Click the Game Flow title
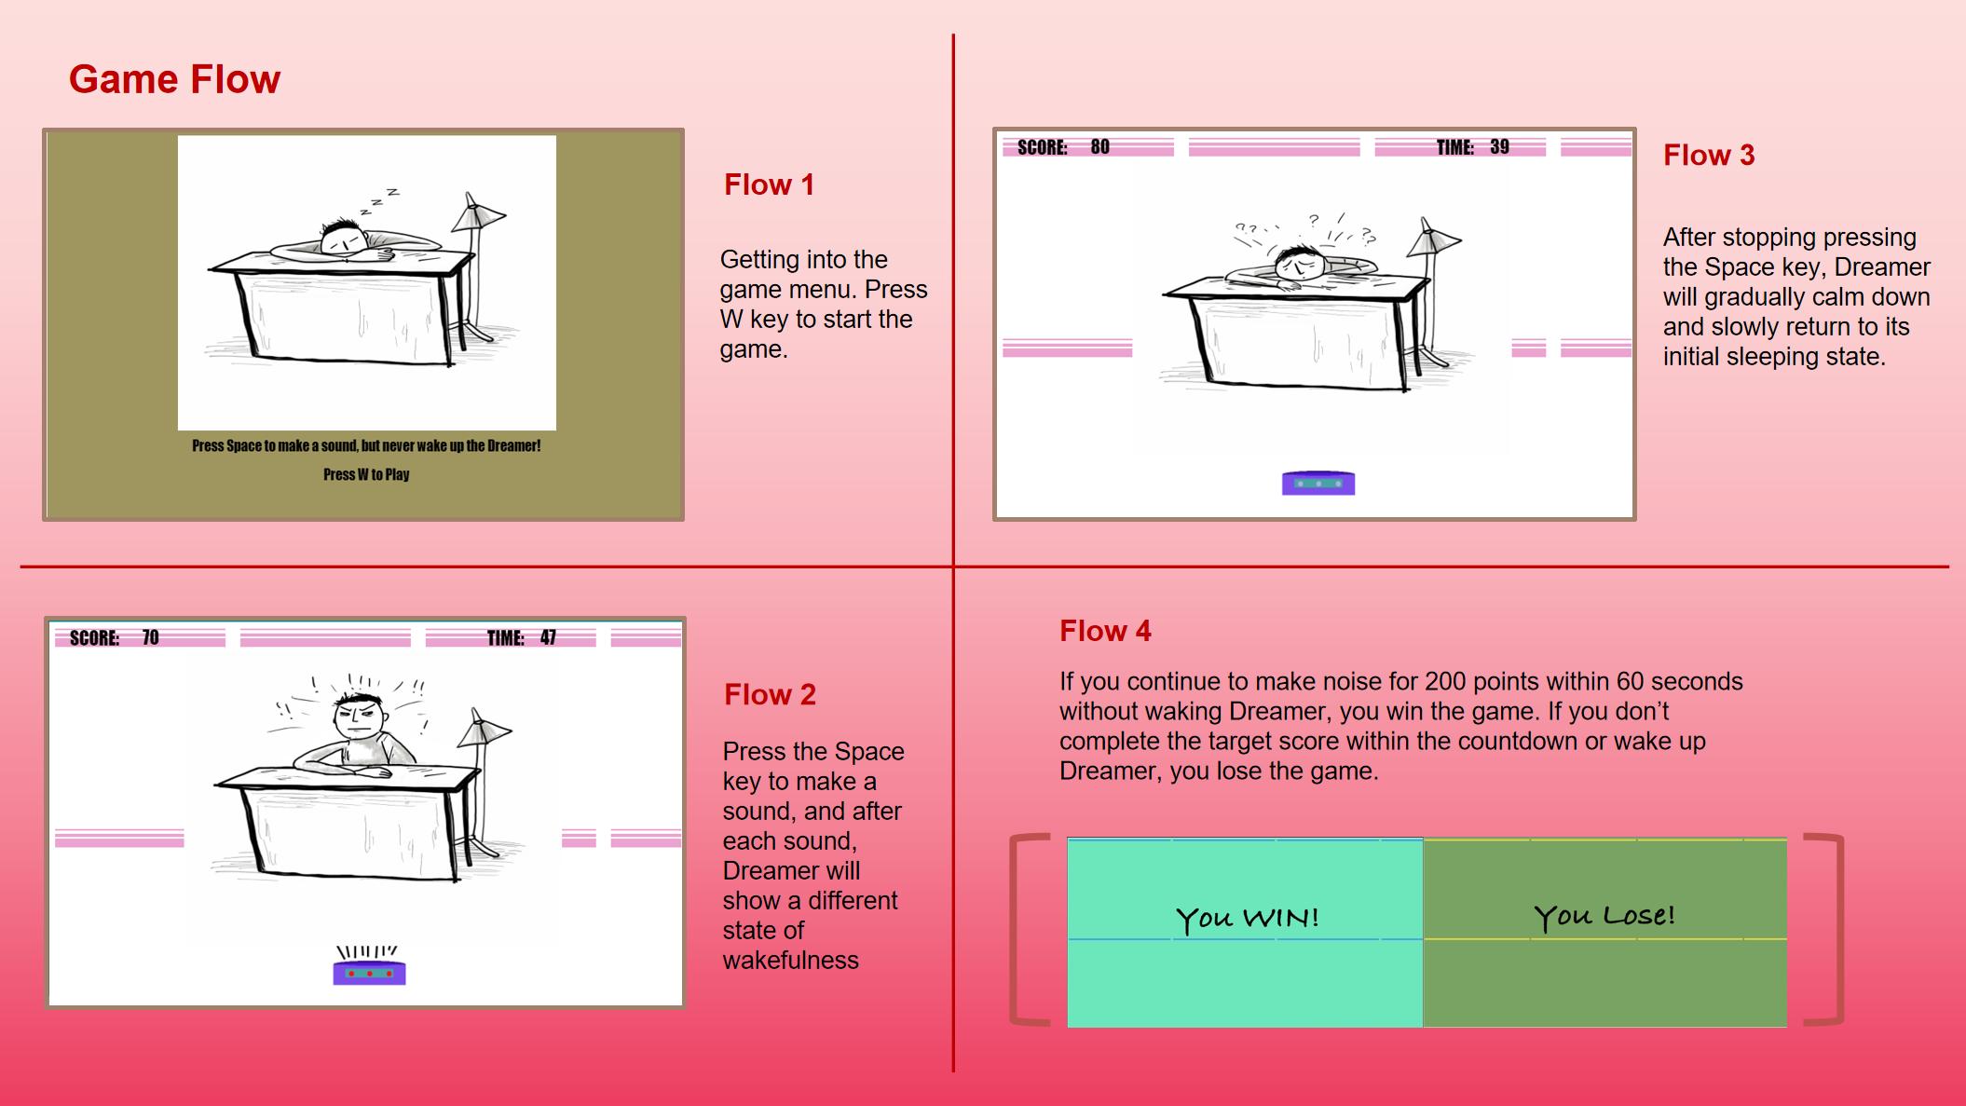(x=174, y=79)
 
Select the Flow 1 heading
(x=769, y=184)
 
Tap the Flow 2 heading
(x=770, y=694)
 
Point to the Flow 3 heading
(x=1709, y=155)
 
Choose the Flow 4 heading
(x=1105, y=631)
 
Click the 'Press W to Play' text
(x=366, y=474)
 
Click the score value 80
(x=1099, y=146)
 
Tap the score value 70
(x=150, y=637)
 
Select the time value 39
(x=1499, y=146)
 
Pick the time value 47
(x=548, y=637)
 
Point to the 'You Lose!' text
(x=1604, y=916)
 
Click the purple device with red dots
(x=369, y=973)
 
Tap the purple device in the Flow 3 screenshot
(x=1318, y=483)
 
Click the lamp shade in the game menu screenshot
(x=478, y=213)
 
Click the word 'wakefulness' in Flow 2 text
(x=790, y=960)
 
